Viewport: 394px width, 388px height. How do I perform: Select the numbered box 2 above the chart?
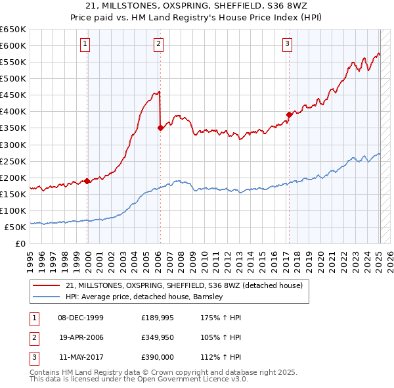pyautogui.click(x=159, y=44)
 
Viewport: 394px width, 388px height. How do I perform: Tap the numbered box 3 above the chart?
pyautogui.click(x=288, y=44)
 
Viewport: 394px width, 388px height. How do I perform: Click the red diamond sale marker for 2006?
pyautogui.click(x=160, y=128)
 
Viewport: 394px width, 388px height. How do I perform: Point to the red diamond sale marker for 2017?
pyautogui.click(x=288, y=114)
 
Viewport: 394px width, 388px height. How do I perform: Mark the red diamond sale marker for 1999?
pyautogui.click(x=87, y=181)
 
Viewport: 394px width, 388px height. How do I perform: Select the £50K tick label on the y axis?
pyautogui.click(x=15, y=227)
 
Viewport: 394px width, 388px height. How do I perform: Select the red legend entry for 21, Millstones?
pyautogui.click(x=184, y=285)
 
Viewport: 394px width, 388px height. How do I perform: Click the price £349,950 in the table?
pyautogui.click(x=157, y=337)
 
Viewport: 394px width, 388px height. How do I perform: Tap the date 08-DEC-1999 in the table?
pyautogui.click(x=81, y=318)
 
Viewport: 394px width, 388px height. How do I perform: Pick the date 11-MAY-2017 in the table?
pyautogui.click(x=81, y=357)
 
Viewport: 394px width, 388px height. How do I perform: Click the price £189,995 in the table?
pyautogui.click(x=157, y=318)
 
